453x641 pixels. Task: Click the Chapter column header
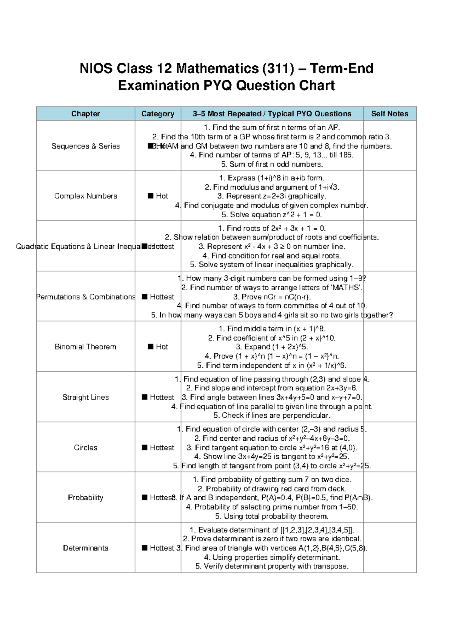point(85,114)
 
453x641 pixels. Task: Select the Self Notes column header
point(390,114)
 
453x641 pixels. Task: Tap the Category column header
point(158,114)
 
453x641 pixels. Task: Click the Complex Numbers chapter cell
point(85,196)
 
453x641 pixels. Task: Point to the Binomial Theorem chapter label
point(85,347)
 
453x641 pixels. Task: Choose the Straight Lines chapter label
point(85,397)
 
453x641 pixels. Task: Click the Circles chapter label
point(85,447)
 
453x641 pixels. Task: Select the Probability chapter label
point(85,497)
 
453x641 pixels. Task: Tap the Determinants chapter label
point(85,548)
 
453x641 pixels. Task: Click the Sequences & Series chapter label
point(85,146)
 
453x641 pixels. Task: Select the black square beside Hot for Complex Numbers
point(151,196)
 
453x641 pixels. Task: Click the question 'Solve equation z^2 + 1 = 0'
point(272,215)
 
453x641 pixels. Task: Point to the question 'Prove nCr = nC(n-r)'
point(272,297)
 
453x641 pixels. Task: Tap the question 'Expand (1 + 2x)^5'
point(272,347)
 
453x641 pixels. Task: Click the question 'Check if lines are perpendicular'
point(272,415)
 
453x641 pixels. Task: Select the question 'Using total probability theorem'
point(272,516)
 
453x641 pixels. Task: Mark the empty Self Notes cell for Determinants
point(390,548)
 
